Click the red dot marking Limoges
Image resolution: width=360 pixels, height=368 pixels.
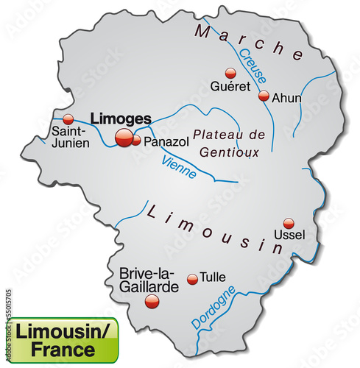(x=124, y=137)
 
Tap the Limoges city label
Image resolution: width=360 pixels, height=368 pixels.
(x=120, y=118)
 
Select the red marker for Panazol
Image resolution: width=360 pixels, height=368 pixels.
(x=136, y=140)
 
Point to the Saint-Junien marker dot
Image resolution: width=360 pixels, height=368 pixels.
(x=68, y=118)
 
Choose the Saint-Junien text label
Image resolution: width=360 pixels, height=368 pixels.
(x=70, y=138)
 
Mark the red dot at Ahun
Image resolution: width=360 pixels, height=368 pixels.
(x=263, y=96)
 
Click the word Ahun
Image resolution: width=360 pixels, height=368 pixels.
(x=286, y=96)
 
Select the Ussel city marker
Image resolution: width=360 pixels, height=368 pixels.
(x=289, y=223)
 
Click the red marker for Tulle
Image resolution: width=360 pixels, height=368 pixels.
(x=192, y=278)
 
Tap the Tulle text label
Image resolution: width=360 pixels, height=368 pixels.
(x=213, y=277)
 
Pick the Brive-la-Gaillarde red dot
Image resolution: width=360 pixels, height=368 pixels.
(x=152, y=300)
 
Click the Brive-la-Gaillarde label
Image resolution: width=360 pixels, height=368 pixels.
(x=148, y=280)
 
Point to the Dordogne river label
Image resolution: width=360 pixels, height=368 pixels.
(x=213, y=308)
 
